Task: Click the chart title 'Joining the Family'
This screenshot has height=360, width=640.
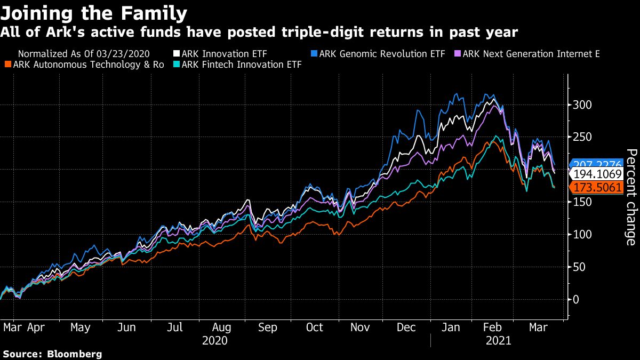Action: [94, 12]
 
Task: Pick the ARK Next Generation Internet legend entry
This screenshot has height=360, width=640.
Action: [527, 54]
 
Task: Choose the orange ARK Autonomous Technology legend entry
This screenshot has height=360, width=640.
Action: [85, 65]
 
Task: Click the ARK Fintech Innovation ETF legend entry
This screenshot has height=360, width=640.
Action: [242, 65]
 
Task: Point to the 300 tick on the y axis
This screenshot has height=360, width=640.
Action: [582, 105]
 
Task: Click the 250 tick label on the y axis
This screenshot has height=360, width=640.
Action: [582, 137]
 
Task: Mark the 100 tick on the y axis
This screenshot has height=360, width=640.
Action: [582, 234]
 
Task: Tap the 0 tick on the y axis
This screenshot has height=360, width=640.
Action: [576, 299]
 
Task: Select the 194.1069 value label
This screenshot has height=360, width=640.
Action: [596, 174]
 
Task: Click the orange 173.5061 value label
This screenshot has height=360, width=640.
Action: [596, 187]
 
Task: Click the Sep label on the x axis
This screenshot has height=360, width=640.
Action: [268, 327]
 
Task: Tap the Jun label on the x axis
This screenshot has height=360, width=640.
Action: [126, 327]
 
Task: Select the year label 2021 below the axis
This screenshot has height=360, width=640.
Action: [499, 340]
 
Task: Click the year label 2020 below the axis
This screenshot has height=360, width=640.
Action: [215, 340]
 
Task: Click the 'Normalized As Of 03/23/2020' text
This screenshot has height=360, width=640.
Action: [84, 54]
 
